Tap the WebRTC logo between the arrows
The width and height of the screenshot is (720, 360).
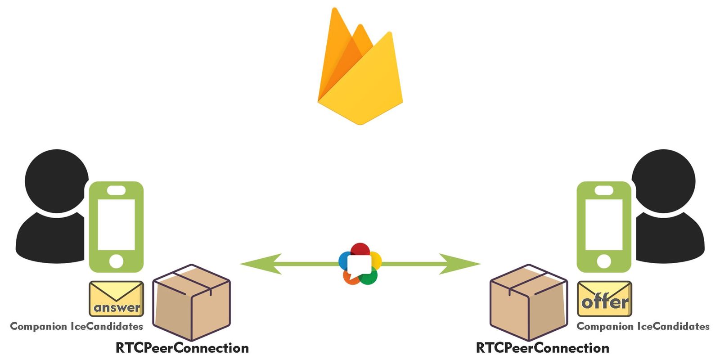360,264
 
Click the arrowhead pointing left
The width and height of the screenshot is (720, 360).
261,264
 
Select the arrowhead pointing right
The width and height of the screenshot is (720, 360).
459,264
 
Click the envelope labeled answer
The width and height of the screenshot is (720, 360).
117,299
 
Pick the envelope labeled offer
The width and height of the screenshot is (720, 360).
605,299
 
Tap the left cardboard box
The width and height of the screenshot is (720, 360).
192,302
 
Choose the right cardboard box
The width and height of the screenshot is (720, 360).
529,302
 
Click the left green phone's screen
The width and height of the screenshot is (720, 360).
117,225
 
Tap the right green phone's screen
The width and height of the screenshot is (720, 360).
604,225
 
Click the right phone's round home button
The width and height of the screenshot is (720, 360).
604,261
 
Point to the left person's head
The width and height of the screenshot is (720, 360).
57,180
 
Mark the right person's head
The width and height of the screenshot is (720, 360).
663,180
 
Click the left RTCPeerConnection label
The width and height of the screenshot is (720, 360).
182,348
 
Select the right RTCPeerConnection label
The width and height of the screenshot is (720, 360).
543,348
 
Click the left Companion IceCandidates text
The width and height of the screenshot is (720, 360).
76,326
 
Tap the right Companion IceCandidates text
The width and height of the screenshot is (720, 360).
643,326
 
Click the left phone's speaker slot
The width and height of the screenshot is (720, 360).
117,190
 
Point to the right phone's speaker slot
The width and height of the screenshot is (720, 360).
604,190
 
